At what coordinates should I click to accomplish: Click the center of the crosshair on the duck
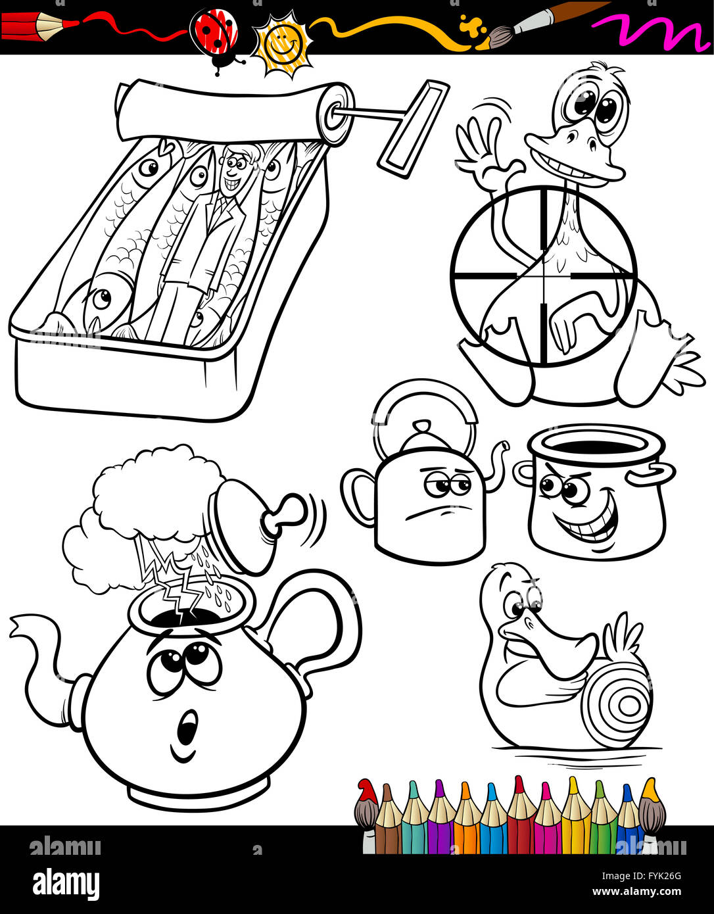point(544,276)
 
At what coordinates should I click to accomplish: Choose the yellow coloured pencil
point(575,815)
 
